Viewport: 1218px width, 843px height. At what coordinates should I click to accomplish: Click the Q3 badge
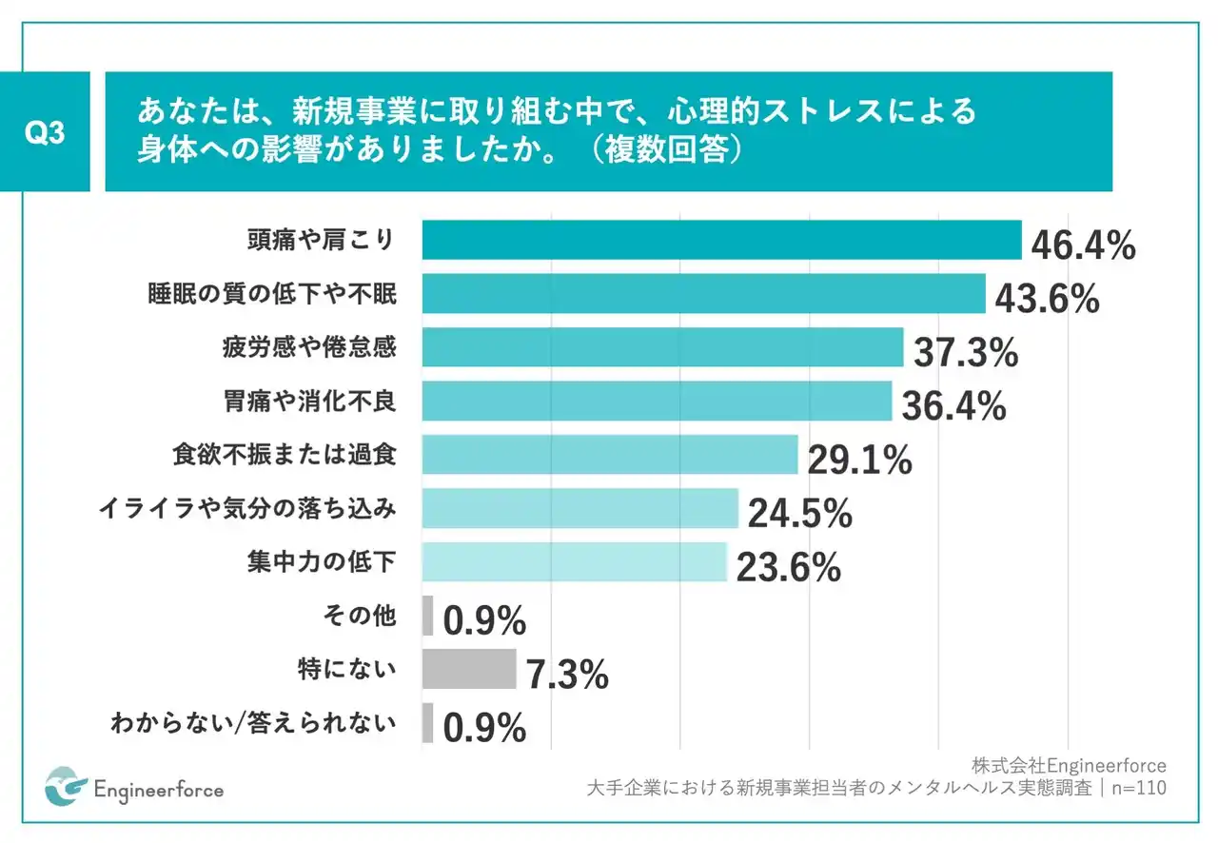(46, 133)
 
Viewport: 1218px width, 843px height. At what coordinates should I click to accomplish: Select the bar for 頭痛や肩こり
(721, 240)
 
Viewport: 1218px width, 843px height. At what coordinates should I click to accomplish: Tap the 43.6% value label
(1047, 300)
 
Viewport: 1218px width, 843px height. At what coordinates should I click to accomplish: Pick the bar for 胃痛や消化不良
(657, 402)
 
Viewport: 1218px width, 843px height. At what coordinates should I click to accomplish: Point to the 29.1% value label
(859, 461)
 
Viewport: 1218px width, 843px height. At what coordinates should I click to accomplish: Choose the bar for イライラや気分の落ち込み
(580, 508)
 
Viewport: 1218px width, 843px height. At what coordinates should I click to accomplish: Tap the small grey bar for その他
(427, 616)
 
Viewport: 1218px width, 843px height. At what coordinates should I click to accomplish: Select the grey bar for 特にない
(468, 669)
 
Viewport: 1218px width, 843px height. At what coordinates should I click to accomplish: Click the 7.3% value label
(567, 676)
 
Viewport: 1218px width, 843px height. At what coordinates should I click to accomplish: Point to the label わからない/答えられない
(253, 724)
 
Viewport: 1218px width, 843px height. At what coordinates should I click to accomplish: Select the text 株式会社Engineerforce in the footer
(1069, 765)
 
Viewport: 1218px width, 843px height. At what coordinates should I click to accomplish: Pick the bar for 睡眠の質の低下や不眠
(703, 294)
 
